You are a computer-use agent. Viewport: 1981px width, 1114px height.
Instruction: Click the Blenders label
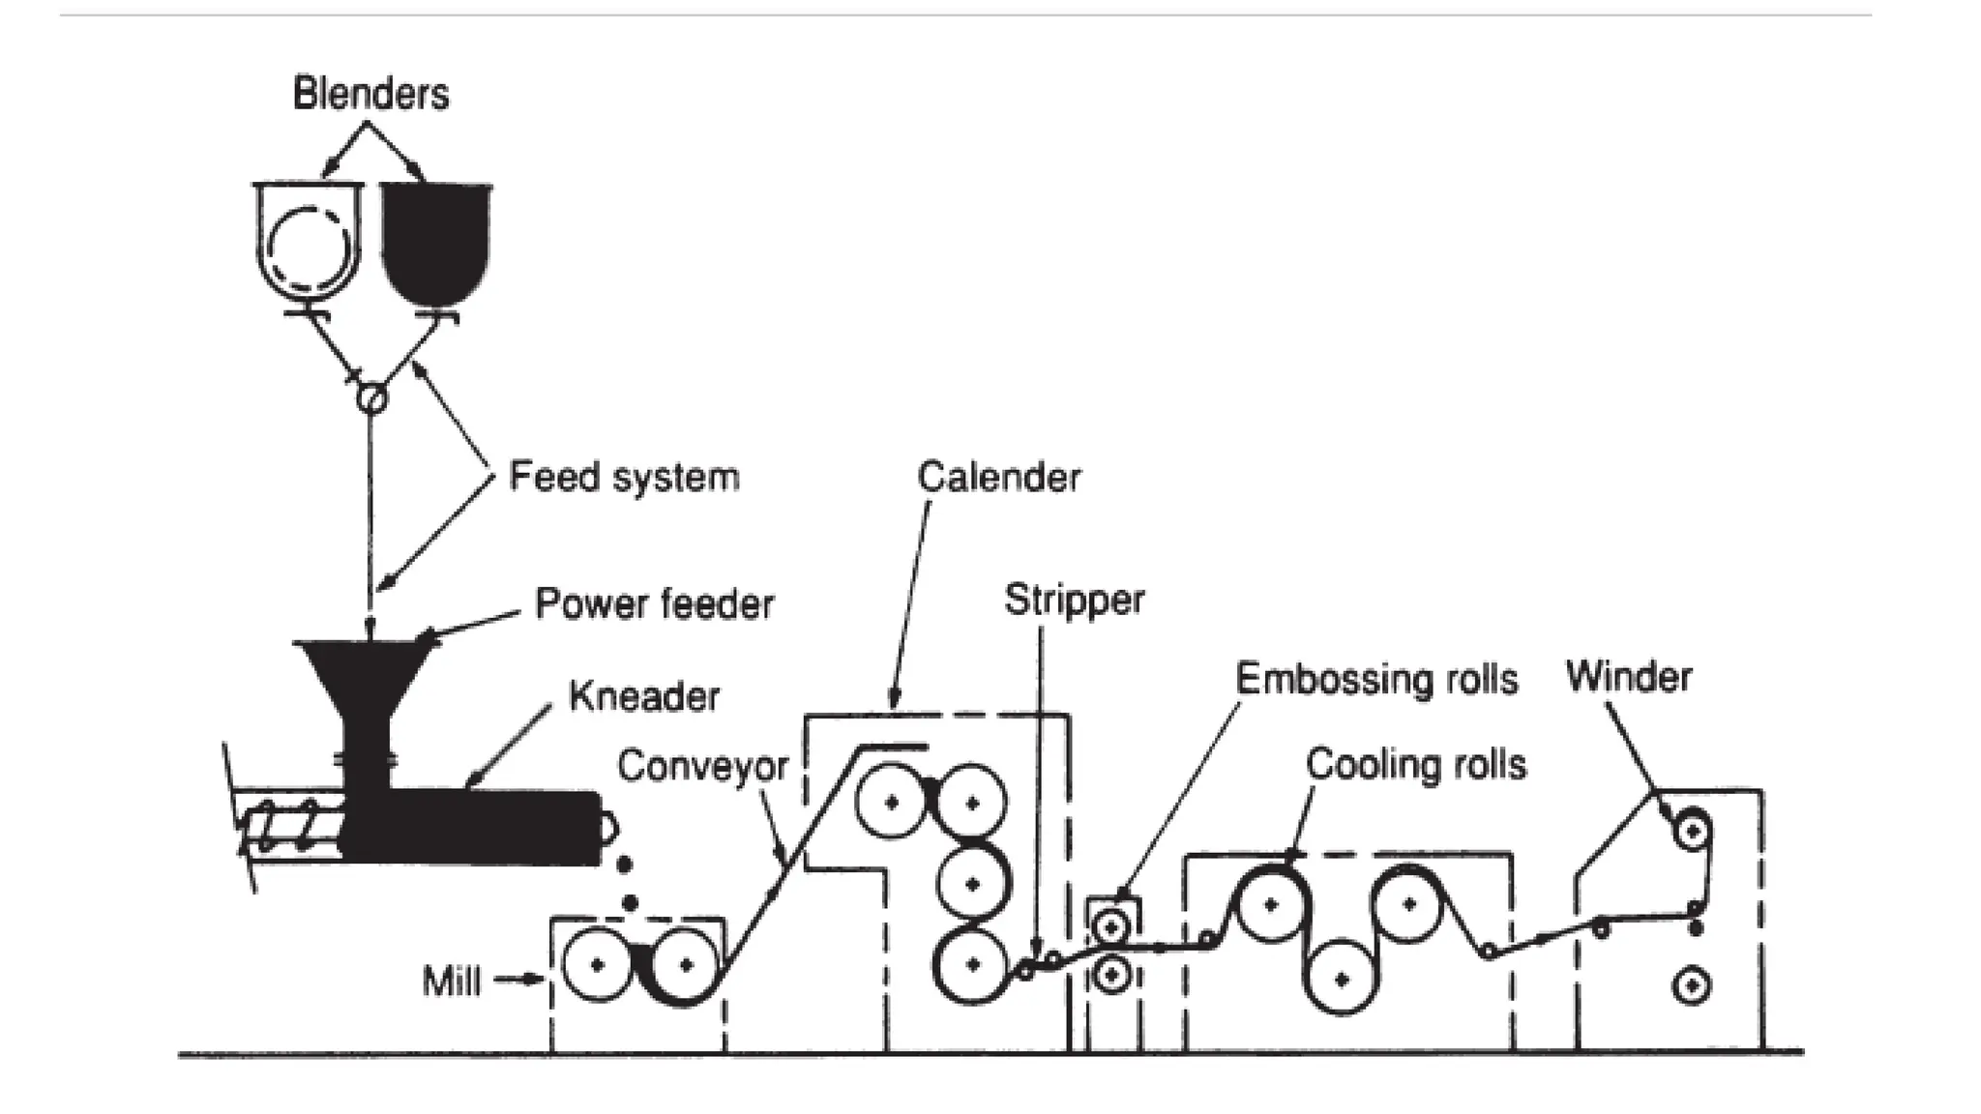tap(370, 95)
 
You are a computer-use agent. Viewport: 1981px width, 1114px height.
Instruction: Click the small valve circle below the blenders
tap(371, 397)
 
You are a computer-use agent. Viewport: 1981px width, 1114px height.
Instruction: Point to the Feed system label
tap(624, 477)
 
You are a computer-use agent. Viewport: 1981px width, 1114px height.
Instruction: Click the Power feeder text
tap(654, 604)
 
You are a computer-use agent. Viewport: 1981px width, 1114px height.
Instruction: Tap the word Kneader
tap(643, 696)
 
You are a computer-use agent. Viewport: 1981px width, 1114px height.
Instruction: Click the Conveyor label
tap(702, 766)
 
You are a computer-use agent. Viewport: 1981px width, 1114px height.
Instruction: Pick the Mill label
tap(451, 982)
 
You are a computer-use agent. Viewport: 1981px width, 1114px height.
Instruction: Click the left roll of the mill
tap(597, 963)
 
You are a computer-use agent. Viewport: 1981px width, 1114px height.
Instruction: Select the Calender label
tap(998, 477)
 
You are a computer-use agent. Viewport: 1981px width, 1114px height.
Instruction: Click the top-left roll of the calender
tap(892, 802)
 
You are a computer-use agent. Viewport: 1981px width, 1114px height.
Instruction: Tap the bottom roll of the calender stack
tap(972, 964)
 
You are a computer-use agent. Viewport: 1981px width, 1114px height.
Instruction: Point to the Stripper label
tap(1074, 600)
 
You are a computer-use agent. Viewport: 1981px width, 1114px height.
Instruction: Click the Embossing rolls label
tap(1375, 679)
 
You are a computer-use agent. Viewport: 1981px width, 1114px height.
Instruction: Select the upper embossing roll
tap(1112, 927)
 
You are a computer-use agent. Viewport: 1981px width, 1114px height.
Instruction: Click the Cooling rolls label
tap(1415, 765)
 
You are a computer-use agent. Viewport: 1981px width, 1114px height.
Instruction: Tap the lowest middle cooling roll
tap(1341, 978)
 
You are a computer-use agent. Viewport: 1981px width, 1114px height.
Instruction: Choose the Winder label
tap(1628, 677)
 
